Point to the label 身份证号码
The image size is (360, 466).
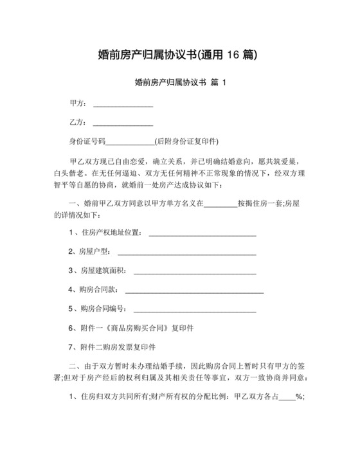click(x=87, y=141)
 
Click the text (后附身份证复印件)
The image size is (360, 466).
click(x=187, y=141)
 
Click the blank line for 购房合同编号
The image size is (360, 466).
click(x=194, y=309)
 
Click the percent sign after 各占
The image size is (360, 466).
click(x=299, y=397)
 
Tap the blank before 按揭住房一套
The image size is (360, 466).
click(x=220, y=204)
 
